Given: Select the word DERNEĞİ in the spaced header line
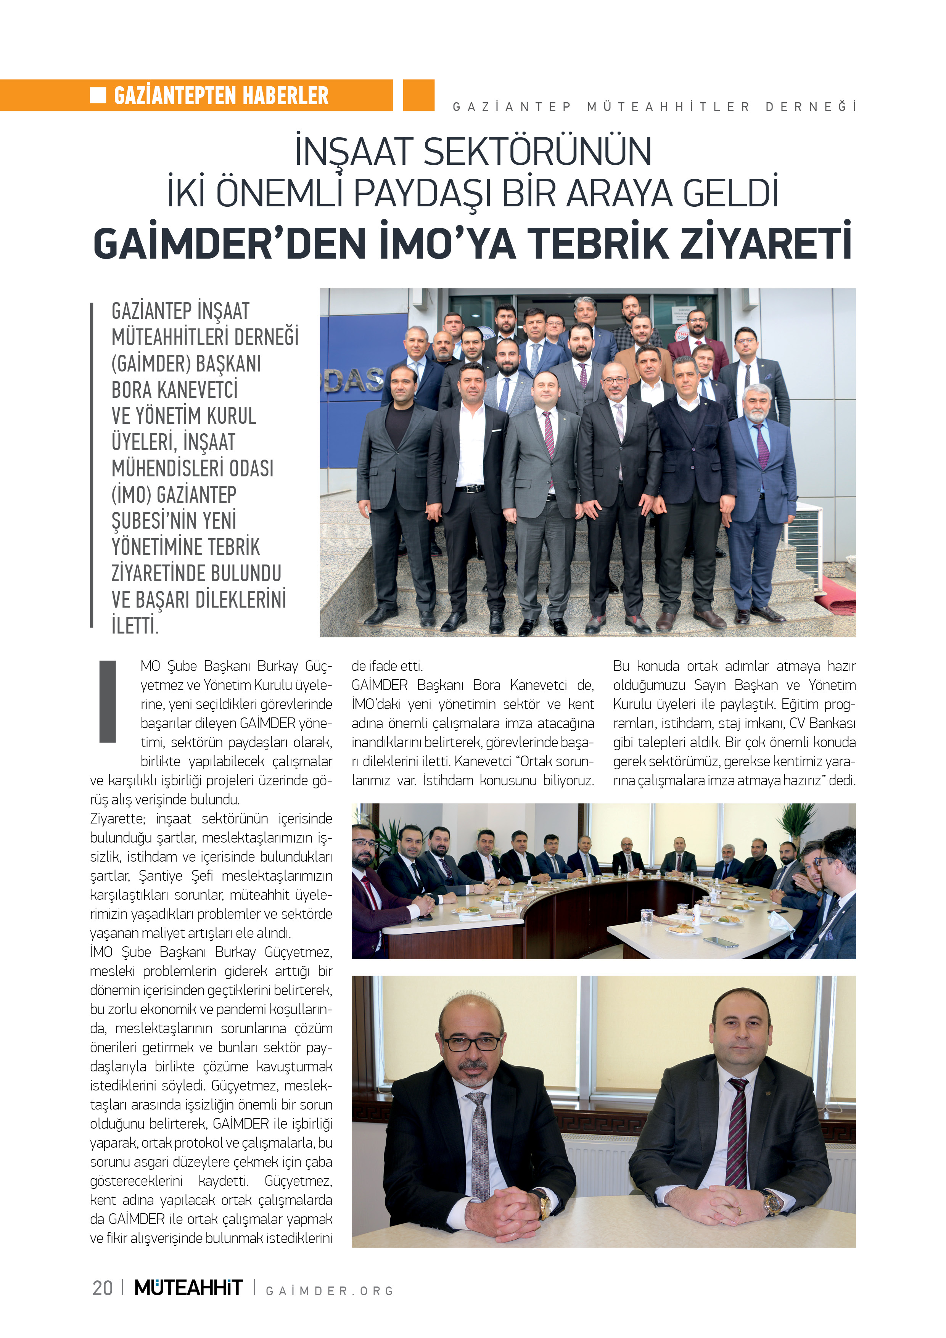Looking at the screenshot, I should pos(810,107).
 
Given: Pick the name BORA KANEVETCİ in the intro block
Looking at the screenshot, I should pos(175,390).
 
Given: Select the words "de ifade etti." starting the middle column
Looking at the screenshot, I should pos(387,666).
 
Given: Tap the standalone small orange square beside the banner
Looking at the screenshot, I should pos(418,95).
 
